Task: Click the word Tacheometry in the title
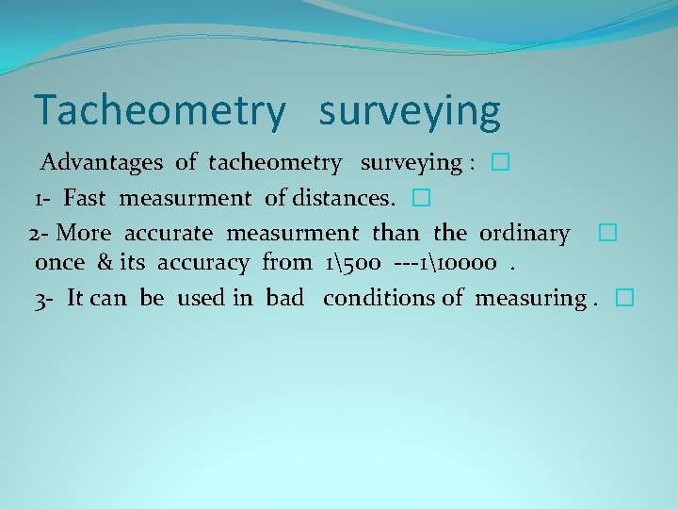pyautogui.click(x=158, y=111)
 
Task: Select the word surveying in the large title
pyautogui.click(x=410, y=111)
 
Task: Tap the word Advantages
pyautogui.click(x=101, y=163)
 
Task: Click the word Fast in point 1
pyautogui.click(x=88, y=199)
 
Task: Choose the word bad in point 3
pyautogui.click(x=284, y=299)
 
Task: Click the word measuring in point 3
pyautogui.click(x=530, y=299)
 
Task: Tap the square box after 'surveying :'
pyautogui.click(x=499, y=163)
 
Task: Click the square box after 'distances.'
pyautogui.click(x=420, y=199)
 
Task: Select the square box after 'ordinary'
pyautogui.click(x=606, y=233)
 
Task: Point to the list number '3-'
pyautogui.click(x=44, y=299)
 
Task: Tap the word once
pyautogui.click(x=59, y=263)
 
